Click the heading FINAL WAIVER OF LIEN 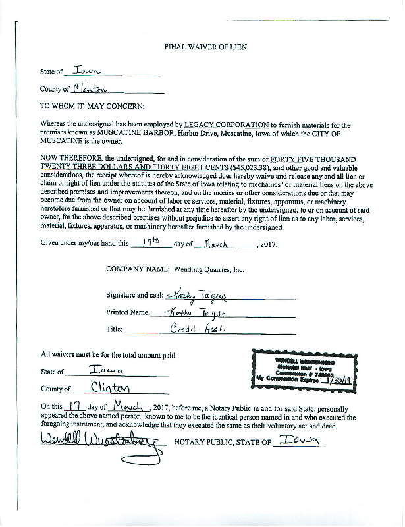coord(202,47)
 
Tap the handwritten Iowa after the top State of coord(88,70)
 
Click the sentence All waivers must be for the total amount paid coord(109,356)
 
